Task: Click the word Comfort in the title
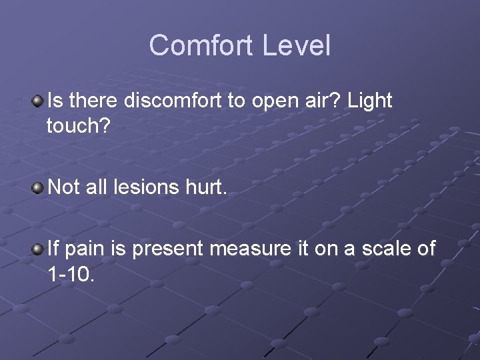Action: tap(202, 45)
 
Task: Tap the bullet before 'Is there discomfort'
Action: tap(39, 101)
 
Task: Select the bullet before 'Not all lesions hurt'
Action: tap(39, 187)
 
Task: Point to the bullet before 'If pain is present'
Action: tap(39, 249)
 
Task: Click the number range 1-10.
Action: tap(71, 273)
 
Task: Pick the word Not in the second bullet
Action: tap(64, 187)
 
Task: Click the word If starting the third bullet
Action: tap(54, 249)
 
